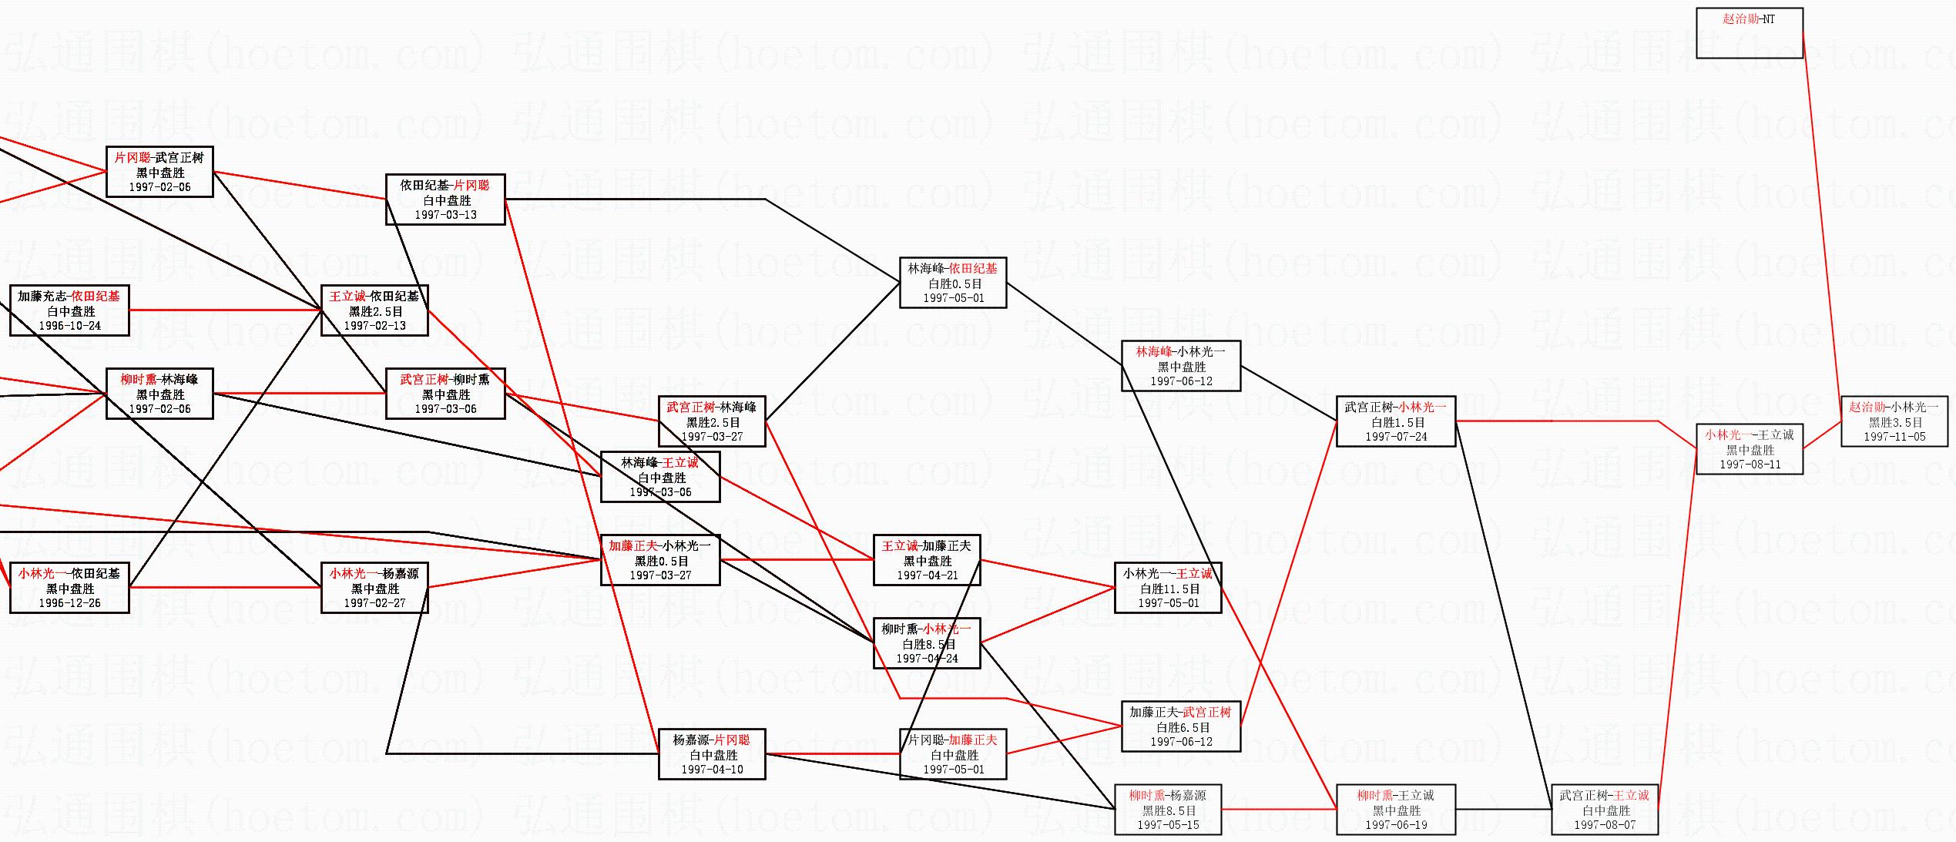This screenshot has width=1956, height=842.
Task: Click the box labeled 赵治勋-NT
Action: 1749,32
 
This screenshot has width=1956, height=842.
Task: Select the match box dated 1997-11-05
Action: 1894,421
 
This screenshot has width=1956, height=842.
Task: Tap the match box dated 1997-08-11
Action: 1750,449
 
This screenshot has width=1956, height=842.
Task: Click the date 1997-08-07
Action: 1605,825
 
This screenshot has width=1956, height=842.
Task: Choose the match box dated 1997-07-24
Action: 1396,421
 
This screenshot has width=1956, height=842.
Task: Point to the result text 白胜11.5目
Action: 1169,589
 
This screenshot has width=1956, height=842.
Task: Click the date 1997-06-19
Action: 1396,825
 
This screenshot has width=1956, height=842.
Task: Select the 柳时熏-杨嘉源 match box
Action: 1168,810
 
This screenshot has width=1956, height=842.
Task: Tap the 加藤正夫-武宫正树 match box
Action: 1181,726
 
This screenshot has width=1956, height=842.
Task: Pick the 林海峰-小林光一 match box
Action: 1181,366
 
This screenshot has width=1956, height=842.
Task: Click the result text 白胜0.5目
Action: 954,283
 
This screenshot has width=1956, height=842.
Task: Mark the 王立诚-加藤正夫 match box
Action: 927,560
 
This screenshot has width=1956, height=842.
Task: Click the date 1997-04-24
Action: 927,659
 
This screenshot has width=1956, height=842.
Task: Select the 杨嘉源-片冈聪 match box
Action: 712,754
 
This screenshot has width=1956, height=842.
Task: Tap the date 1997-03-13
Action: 445,215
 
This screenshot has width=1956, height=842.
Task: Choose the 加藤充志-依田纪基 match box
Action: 69,310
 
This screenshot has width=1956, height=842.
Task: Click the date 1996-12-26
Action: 69,603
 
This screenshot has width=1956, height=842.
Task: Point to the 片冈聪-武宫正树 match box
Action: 159,172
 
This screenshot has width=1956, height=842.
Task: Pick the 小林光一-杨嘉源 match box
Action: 374,588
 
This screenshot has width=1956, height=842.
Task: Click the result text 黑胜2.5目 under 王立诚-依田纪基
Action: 374,311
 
